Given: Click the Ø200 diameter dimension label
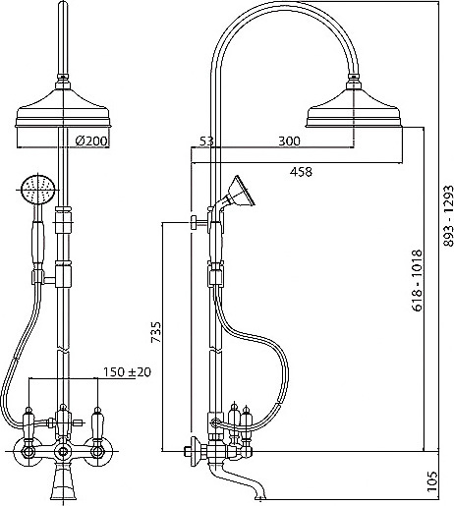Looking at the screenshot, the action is [91, 141].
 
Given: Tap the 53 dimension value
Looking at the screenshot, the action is [206, 141].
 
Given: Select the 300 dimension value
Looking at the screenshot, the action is [289, 141].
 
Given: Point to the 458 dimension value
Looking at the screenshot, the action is [301, 172].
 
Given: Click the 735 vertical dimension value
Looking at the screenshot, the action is [156, 332].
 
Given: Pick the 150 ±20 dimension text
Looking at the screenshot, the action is [127, 372].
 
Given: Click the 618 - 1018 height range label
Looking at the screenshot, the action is [417, 280].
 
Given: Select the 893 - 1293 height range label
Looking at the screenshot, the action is [448, 216].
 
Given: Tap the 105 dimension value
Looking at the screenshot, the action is [432, 481].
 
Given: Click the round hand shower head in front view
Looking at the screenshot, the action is [37, 189].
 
